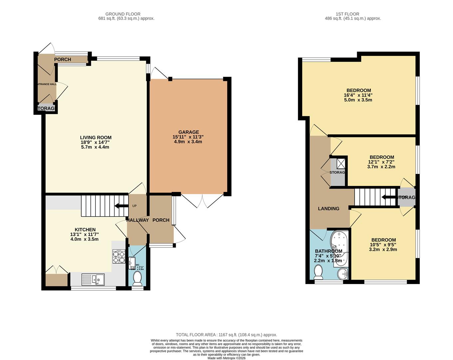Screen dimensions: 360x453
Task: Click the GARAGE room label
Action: coord(188,132)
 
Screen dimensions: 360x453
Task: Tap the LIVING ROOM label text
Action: coord(96,137)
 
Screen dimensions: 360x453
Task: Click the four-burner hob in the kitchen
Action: coord(118,256)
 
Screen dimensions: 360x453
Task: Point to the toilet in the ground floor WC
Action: coord(137,278)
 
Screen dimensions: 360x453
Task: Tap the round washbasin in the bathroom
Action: coord(342,274)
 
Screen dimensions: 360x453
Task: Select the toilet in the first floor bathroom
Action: coord(319,272)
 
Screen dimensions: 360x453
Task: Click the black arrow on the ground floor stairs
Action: coord(121,206)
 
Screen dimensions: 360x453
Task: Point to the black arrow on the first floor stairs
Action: coord(388,197)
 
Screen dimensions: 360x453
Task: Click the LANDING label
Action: coord(329,209)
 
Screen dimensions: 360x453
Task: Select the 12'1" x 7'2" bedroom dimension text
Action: coord(381,162)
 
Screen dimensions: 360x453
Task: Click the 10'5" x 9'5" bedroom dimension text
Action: coord(383,245)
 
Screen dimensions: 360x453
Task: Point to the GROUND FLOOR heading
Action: coord(123,14)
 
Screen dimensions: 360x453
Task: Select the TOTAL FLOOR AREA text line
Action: coord(226,335)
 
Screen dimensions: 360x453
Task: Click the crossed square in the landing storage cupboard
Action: coord(341,163)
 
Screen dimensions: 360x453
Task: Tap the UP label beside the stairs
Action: coord(134,206)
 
